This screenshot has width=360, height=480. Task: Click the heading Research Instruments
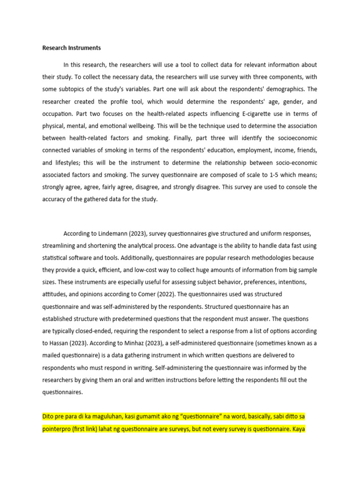pos(71,48)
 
